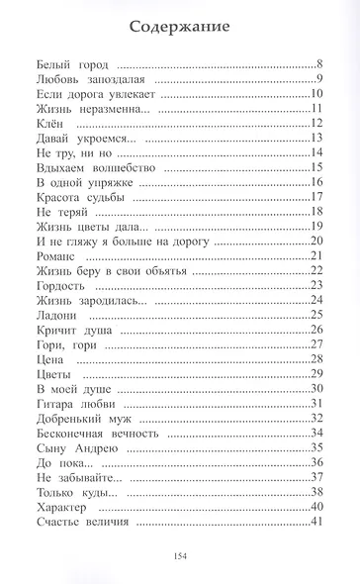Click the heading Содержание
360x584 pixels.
[180, 27]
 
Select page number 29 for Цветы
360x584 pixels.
[317, 373]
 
